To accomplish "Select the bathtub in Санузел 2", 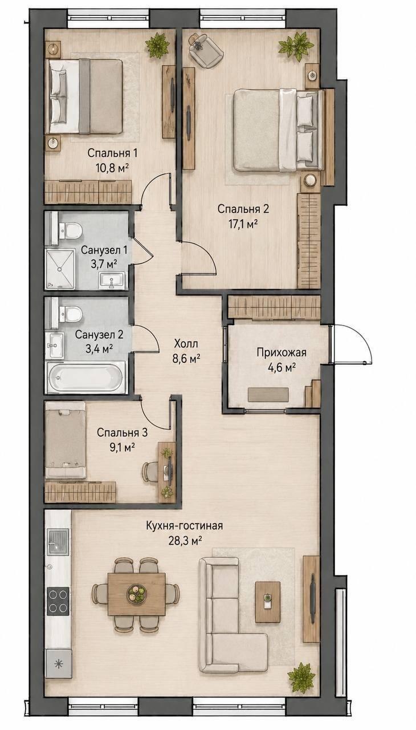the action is click(x=85, y=378).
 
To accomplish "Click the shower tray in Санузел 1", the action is click(x=60, y=270).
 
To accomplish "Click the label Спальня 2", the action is click(x=243, y=209).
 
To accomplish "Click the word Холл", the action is click(x=186, y=343).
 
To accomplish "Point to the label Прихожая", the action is click(x=282, y=352).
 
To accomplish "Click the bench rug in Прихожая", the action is click(x=268, y=395).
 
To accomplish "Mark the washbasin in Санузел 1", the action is click(x=112, y=280).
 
